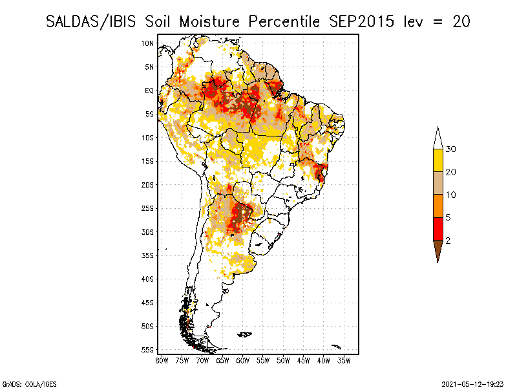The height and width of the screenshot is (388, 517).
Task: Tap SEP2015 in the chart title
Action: pos(359,21)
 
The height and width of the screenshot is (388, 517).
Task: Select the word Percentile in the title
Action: pos(283,21)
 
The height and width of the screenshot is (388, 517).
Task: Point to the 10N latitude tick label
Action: pos(147,43)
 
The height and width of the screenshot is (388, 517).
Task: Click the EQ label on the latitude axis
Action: pos(149,91)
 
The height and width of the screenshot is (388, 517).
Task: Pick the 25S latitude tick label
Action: pos(147,208)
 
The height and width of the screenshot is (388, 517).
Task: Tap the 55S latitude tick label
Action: pos(147,350)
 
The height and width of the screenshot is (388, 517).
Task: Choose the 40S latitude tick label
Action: pos(147,279)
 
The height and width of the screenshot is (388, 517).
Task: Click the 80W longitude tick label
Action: pos(162,360)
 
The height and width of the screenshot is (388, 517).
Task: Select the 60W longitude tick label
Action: pos(242,360)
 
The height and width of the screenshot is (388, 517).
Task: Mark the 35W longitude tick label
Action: pos(344,360)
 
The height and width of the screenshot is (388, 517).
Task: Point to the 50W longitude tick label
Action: pos(283,360)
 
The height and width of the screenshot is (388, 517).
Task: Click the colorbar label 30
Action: pos(451,149)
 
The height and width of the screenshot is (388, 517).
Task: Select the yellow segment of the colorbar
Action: pos(438,160)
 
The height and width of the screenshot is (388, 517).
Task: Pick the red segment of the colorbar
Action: pos(438,228)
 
